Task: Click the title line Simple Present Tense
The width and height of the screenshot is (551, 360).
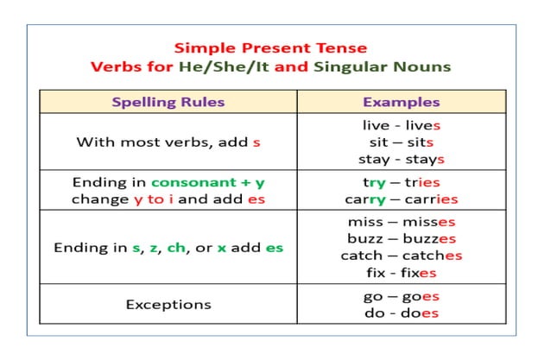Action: pyautogui.click(x=270, y=48)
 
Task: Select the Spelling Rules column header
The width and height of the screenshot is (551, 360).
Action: pyautogui.click(x=168, y=102)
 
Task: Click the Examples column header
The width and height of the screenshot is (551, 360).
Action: pyautogui.click(x=401, y=102)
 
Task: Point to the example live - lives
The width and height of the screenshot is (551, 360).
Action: pyautogui.click(x=401, y=126)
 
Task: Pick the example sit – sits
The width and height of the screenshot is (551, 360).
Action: pyautogui.click(x=401, y=142)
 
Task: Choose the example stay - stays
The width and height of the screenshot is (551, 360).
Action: pyautogui.click(x=401, y=159)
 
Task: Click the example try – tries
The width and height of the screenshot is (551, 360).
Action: pyautogui.click(x=401, y=183)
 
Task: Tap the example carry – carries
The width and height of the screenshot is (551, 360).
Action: pyautogui.click(x=401, y=199)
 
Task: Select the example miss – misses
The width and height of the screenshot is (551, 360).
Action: pyautogui.click(x=401, y=223)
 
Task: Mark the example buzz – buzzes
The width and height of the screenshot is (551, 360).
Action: pyautogui.click(x=401, y=239)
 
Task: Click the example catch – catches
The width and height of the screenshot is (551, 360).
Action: pyautogui.click(x=401, y=256)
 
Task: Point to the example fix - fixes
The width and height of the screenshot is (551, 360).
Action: pyautogui.click(x=401, y=273)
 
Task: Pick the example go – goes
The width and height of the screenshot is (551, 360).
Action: pyautogui.click(x=401, y=296)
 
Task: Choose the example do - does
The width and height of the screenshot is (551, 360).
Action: pyautogui.click(x=401, y=313)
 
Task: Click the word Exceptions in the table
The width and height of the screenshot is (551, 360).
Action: pyautogui.click(x=168, y=305)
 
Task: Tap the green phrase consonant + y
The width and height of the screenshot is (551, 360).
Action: pyautogui.click(x=207, y=183)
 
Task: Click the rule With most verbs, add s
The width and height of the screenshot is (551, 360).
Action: pyautogui.click(x=168, y=142)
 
